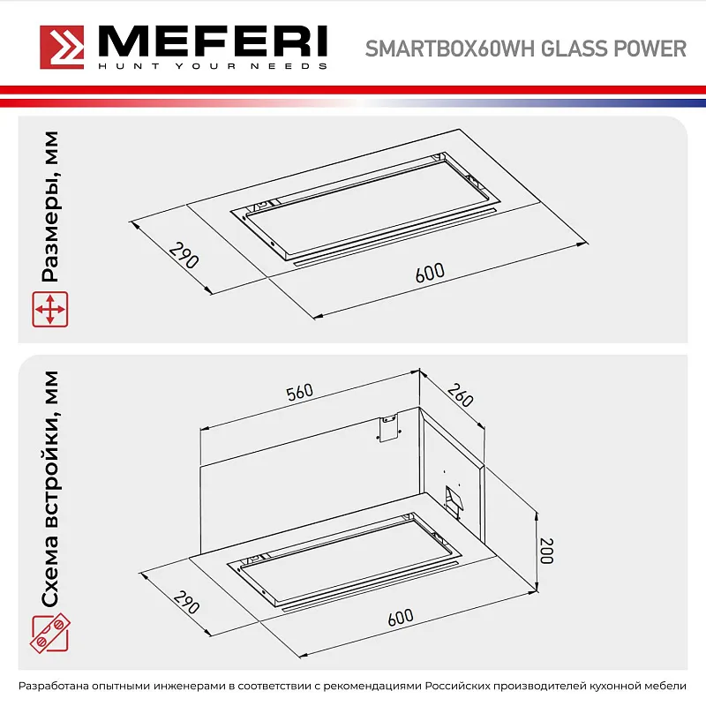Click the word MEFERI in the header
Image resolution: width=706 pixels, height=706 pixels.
211,41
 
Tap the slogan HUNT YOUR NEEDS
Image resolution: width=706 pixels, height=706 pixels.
211,66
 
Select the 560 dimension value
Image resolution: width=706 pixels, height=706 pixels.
300,393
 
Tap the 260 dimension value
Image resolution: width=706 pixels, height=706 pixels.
461,394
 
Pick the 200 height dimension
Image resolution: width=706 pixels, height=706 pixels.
547,552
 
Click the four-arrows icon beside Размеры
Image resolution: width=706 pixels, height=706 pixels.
50,310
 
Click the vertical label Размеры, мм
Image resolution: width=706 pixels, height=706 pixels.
50,207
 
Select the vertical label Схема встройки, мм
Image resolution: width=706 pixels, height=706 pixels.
50,491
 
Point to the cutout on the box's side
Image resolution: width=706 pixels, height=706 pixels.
453,500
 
